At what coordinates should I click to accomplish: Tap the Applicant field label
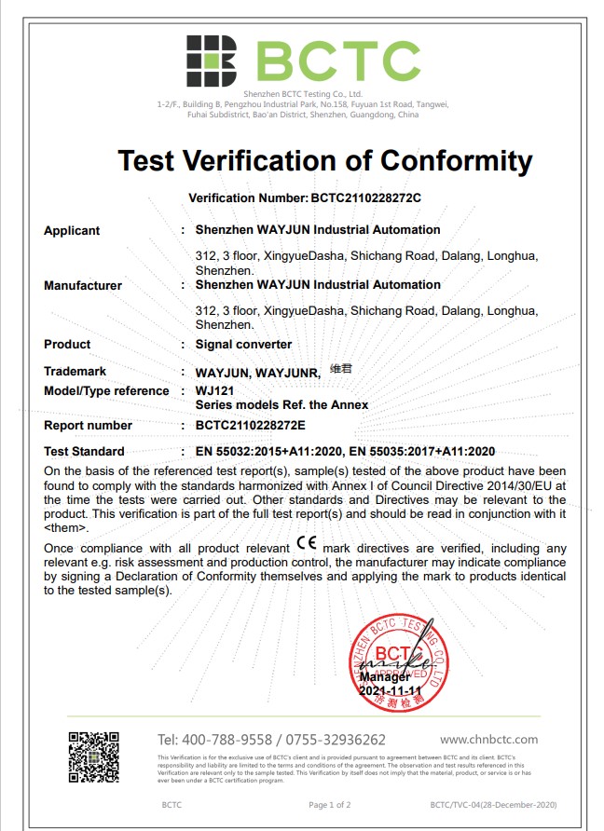[72, 231]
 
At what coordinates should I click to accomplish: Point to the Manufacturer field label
[83, 286]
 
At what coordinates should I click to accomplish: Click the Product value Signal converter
[243, 345]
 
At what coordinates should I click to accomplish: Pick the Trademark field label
[75, 372]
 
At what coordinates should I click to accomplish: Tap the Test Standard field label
[84, 452]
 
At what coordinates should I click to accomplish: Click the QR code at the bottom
[94, 756]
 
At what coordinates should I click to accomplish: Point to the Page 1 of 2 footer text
[330, 804]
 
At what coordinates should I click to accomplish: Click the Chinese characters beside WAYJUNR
[341, 369]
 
